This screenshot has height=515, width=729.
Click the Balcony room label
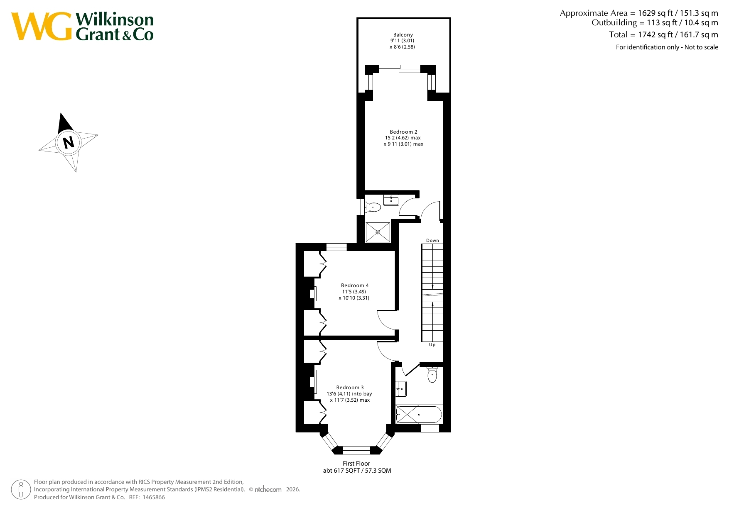tap(403, 35)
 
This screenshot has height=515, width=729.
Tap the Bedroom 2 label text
tap(403, 132)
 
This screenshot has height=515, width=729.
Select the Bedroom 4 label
tap(355, 286)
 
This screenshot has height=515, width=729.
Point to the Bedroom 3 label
tap(350, 388)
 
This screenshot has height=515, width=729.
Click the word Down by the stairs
tap(432, 240)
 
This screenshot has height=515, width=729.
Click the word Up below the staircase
tap(432, 345)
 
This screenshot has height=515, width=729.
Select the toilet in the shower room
tap(373, 207)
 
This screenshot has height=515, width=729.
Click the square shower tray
tap(378, 232)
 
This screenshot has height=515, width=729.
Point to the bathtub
tap(419, 414)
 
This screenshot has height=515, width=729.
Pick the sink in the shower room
tap(391, 200)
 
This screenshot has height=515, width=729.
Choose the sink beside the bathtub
tap(401, 389)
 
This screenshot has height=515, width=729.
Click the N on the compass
tap(69, 142)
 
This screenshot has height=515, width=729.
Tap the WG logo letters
tap(41, 26)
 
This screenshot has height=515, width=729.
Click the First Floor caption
tap(356, 464)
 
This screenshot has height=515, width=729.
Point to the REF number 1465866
tap(154, 497)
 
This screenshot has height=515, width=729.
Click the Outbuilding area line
tap(655, 23)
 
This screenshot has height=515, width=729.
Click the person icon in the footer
tap(21, 489)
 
